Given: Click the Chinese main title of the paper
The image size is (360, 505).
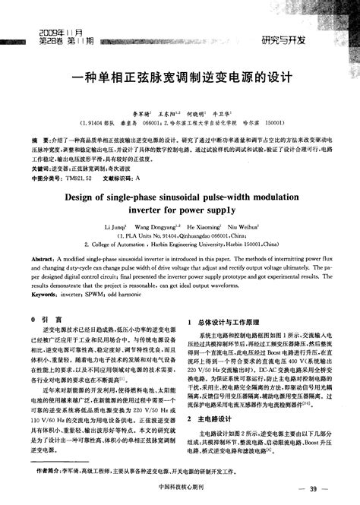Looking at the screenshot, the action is click(x=180, y=77).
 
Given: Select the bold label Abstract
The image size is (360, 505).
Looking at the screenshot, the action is click(x=42, y=259).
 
